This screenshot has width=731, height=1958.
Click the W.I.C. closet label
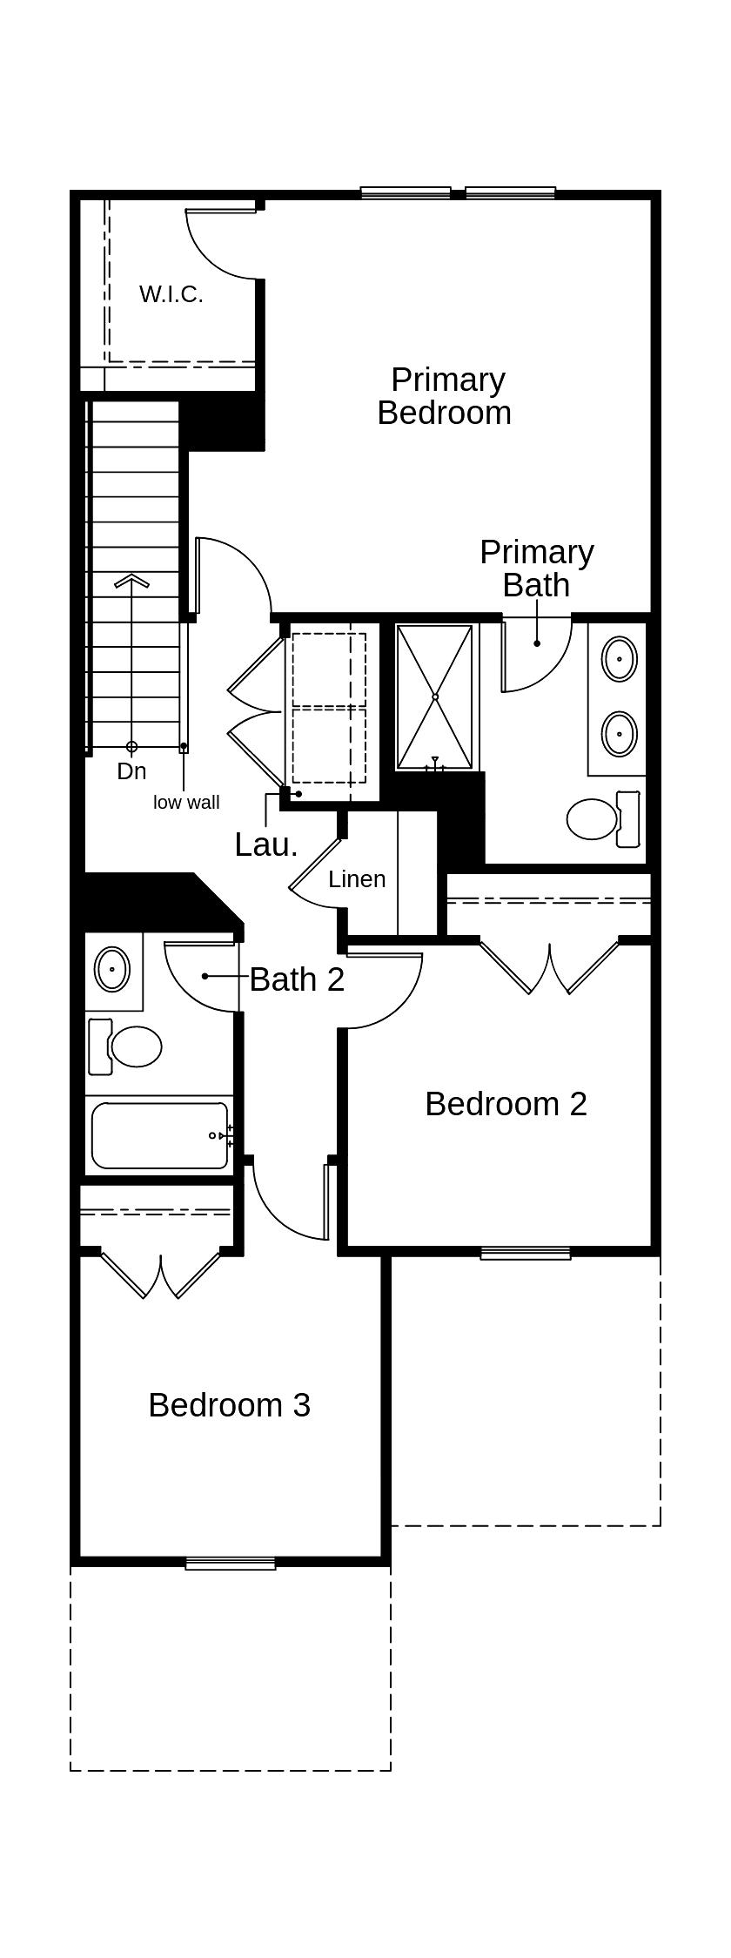pos(171,294)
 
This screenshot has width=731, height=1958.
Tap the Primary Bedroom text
pos(445,396)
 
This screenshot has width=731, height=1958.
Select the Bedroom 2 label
pos(506,1104)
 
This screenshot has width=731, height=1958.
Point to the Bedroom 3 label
pos(229,1405)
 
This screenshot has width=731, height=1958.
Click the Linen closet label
pos(357,879)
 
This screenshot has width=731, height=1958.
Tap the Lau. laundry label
pos(265,844)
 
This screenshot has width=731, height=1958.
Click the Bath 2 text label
pos(297,979)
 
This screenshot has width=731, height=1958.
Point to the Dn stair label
pos(131,771)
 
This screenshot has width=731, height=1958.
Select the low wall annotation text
pos(186,803)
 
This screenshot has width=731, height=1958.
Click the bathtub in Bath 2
pos(159,1135)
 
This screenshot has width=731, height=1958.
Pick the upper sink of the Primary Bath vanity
pos(619,658)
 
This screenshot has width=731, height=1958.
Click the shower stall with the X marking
pos(435,696)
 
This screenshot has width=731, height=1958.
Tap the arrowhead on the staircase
pos(131,582)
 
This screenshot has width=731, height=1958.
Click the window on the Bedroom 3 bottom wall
pos(231,1564)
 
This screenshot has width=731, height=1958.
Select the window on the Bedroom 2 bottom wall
pos(525,1254)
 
